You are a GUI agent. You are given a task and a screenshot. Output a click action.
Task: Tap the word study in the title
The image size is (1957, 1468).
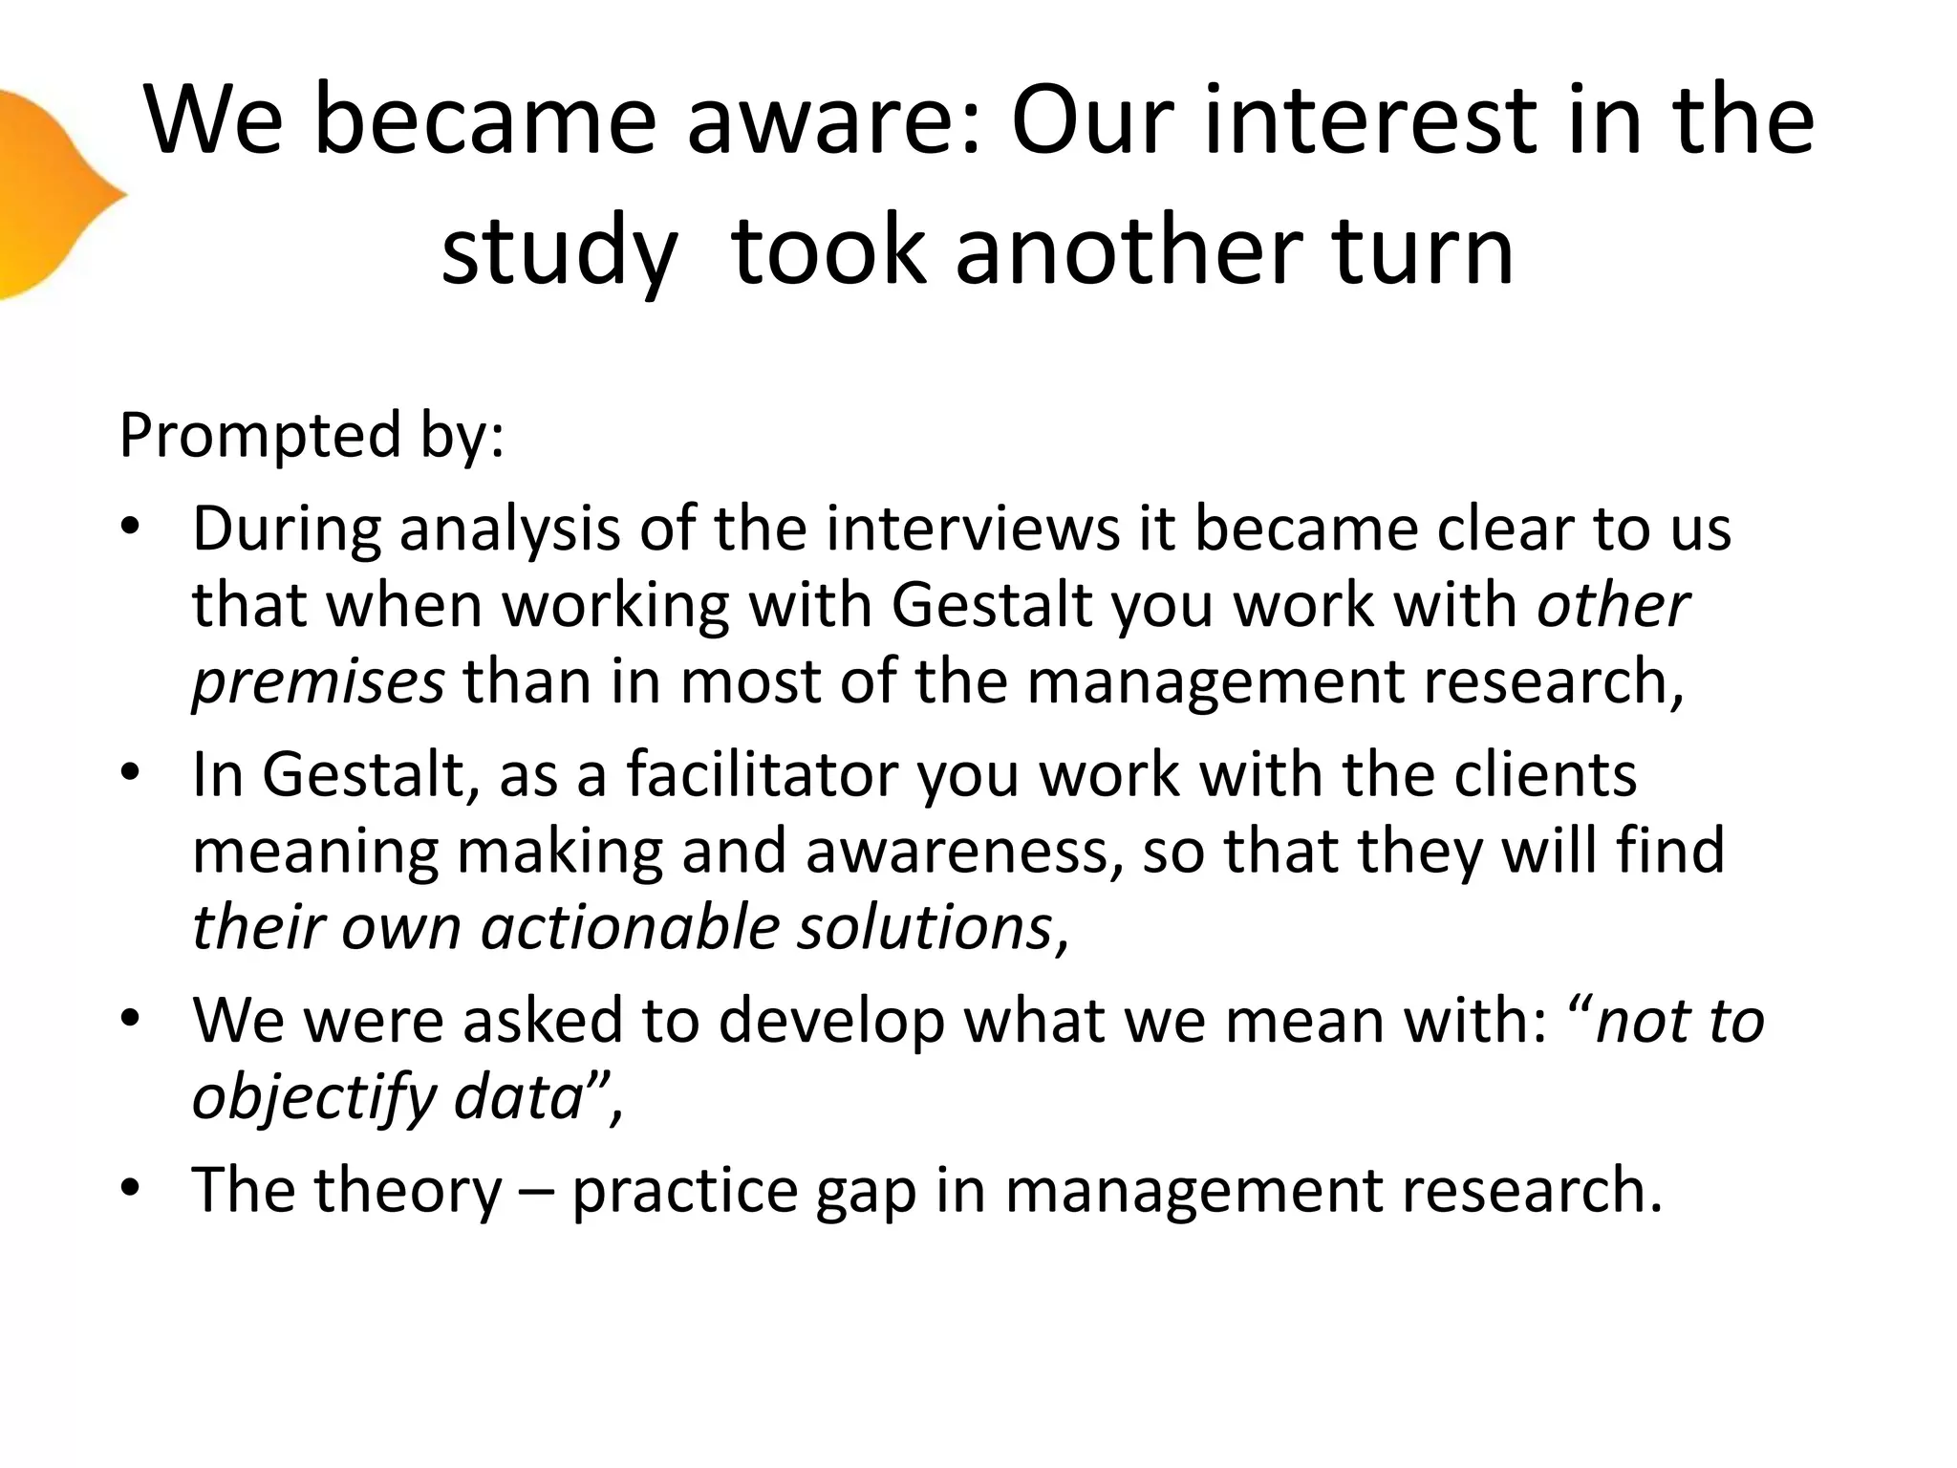pyautogui.click(x=558, y=251)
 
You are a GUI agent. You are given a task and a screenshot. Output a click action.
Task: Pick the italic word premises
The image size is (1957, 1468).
pyautogui.click(x=318, y=681)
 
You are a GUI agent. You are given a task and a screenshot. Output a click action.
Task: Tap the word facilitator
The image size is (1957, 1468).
pyautogui.click(x=762, y=774)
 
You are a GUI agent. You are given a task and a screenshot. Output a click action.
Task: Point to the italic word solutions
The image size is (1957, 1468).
pyautogui.click(x=924, y=927)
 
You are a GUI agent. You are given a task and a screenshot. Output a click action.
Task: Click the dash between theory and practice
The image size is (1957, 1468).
pyautogui.click(x=536, y=1192)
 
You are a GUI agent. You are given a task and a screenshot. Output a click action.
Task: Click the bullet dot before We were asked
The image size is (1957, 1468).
pyautogui.click(x=131, y=1020)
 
